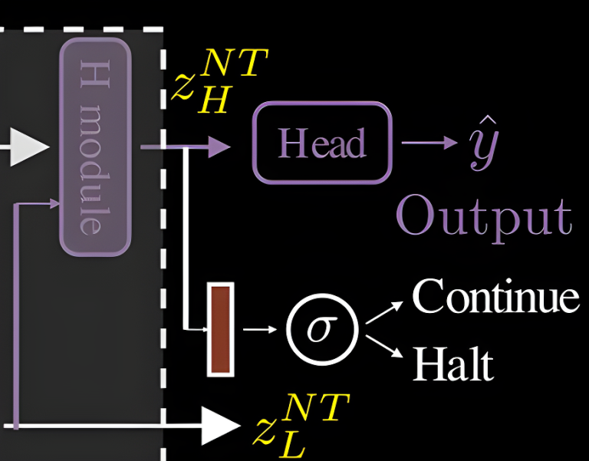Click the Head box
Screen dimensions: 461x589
coord(322,143)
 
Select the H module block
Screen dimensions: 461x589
coord(95,147)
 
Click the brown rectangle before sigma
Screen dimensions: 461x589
coord(220,329)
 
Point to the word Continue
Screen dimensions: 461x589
coord(495,296)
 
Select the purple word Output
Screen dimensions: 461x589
coord(484,217)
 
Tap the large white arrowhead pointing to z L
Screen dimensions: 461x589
coord(222,424)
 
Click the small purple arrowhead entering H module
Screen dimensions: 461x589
coord(54,203)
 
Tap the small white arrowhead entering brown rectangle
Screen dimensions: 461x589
coord(203,329)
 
